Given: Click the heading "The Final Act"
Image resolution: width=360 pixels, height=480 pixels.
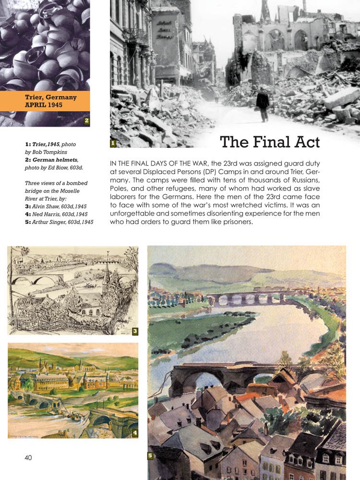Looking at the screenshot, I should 269,142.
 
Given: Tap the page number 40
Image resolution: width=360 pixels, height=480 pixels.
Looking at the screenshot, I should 28,457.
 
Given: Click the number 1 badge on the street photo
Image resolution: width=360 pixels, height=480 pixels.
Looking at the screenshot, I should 112,143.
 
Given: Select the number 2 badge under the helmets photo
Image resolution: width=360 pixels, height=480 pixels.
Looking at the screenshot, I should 86,120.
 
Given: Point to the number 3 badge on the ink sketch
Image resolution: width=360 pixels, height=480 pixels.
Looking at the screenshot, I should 135,331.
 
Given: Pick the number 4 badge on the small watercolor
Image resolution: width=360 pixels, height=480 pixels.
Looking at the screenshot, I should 135,433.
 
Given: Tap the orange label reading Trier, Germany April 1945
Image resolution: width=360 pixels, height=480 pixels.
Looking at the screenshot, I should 50,101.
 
